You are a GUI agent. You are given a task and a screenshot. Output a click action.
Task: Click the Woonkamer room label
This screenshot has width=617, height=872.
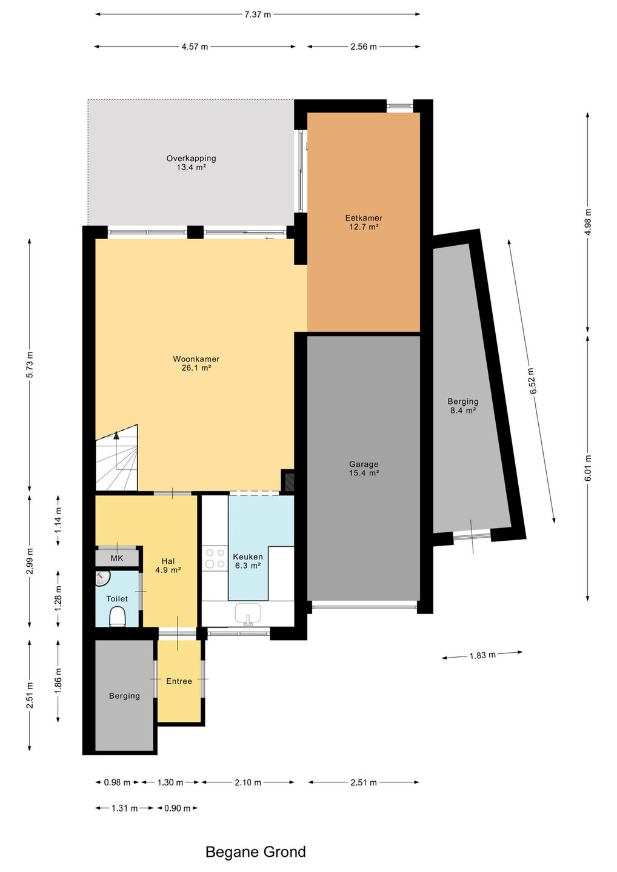click(196, 363)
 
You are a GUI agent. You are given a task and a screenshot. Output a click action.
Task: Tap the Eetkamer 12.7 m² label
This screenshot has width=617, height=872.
click(364, 222)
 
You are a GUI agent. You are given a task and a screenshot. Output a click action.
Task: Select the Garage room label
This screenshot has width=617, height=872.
click(364, 468)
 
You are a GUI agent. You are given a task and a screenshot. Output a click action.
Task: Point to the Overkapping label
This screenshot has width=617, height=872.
click(191, 163)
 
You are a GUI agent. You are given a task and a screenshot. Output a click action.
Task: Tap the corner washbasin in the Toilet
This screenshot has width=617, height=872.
click(102, 578)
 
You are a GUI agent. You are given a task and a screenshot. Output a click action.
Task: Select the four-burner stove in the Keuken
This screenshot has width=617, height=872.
click(215, 558)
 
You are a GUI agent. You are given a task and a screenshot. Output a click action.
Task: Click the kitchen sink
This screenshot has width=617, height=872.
click(248, 614)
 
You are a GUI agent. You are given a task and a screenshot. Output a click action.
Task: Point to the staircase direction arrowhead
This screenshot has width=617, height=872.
click(116, 435)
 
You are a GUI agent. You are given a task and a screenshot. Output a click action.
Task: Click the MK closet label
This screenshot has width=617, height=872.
click(117, 558)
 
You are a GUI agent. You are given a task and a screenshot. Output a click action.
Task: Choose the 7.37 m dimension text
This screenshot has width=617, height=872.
click(257, 15)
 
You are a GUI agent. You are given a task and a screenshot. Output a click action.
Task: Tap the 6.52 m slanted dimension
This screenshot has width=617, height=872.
click(533, 381)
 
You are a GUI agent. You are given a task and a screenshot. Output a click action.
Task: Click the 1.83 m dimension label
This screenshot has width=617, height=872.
click(482, 655)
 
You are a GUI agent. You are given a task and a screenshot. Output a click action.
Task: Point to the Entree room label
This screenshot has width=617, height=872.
click(179, 681)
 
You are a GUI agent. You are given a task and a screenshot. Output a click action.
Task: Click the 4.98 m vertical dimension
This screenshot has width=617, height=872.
click(588, 222)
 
